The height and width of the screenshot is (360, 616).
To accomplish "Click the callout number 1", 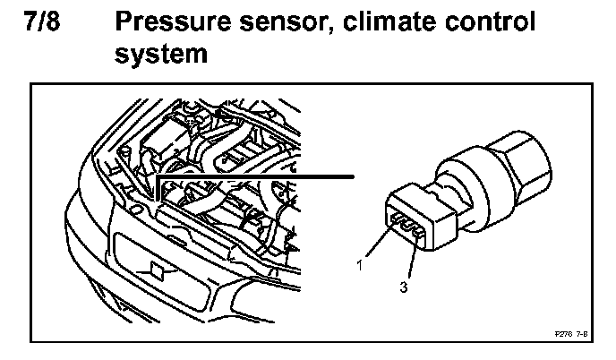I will [x=358, y=265].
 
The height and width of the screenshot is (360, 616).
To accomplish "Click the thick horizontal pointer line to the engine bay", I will [x=260, y=177].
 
